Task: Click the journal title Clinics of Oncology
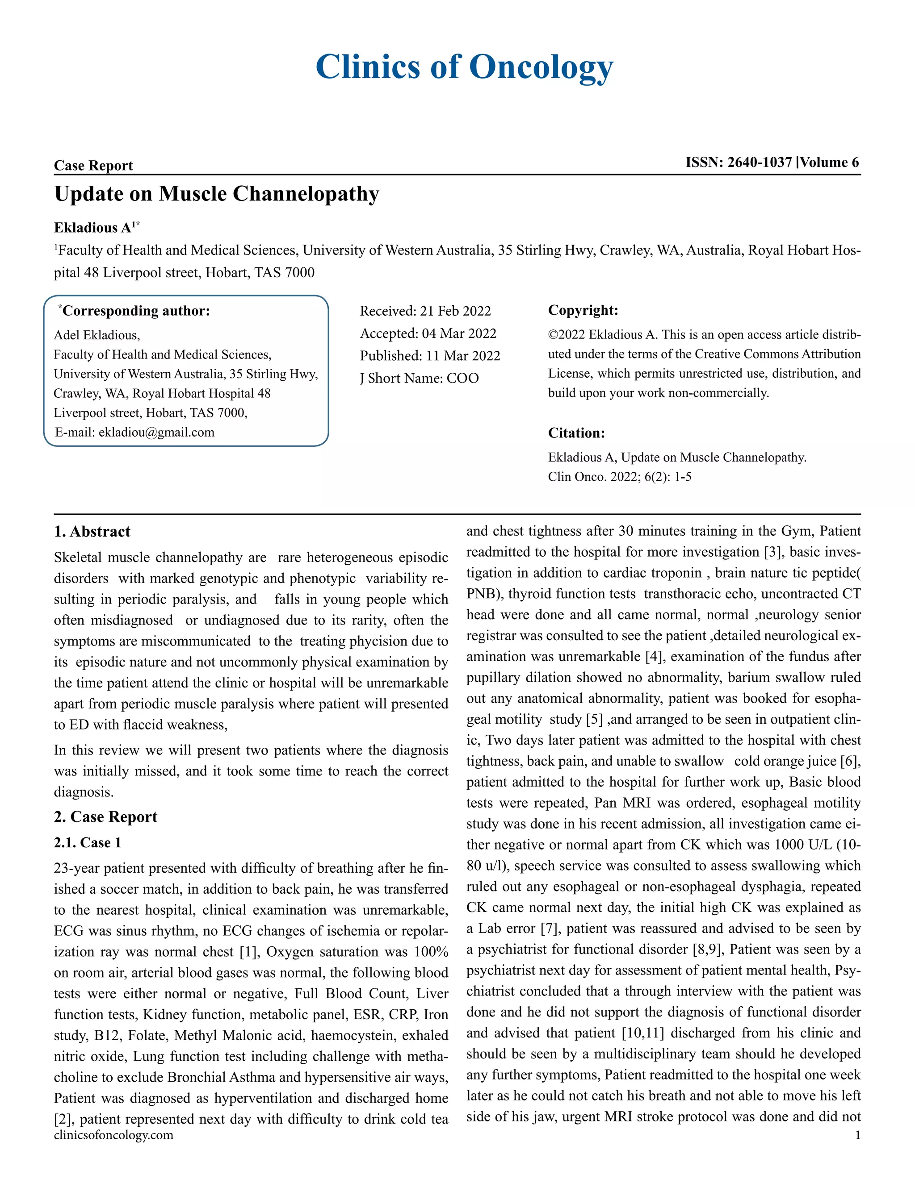464,67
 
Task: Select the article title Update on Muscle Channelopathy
216,194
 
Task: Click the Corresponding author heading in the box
135,311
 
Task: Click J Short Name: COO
419,378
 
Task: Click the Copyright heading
583,310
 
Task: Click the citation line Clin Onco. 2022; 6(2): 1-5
619,477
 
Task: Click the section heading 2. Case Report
106,817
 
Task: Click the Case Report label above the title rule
93,165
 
